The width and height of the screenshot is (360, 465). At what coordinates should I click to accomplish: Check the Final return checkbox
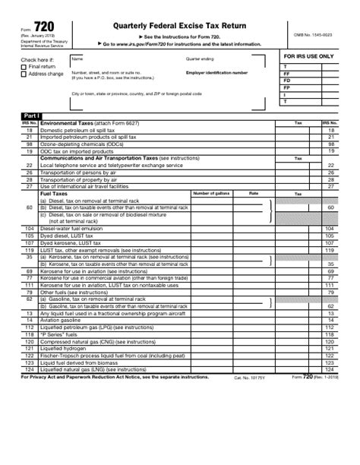click(24, 67)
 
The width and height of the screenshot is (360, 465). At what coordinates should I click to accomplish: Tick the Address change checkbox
click(24, 74)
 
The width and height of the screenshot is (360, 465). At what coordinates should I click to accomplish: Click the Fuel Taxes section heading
click(54, 194)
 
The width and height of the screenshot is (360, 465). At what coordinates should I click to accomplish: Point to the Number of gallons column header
click(211, 194)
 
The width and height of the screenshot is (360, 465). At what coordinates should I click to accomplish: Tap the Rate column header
click(254, 194)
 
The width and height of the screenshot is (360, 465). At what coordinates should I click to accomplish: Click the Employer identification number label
click(216, 73)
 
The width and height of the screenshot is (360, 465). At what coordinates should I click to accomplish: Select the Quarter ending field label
click(199, 58)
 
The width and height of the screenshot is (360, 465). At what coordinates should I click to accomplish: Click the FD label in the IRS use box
click(286, 80)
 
